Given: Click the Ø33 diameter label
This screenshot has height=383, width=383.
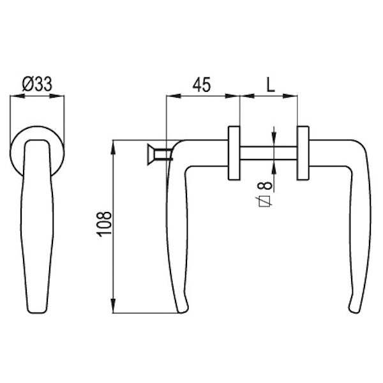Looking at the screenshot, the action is click(x=37, y=84).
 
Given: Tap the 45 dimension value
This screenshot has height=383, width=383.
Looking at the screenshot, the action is click(x=202, y=85).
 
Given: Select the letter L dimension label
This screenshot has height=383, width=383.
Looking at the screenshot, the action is click(x=271, y=85).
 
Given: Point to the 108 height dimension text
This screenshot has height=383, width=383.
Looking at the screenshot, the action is click(x=104, y=224).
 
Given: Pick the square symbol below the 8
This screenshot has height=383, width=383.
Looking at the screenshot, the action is click(x=265, y=202).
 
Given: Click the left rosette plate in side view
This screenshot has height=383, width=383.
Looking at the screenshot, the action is click(x=234, y=153).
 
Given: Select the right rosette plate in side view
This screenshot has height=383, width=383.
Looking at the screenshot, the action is click(x=303, y=153).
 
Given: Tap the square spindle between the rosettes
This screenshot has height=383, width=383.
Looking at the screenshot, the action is click(x=269, y=153).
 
